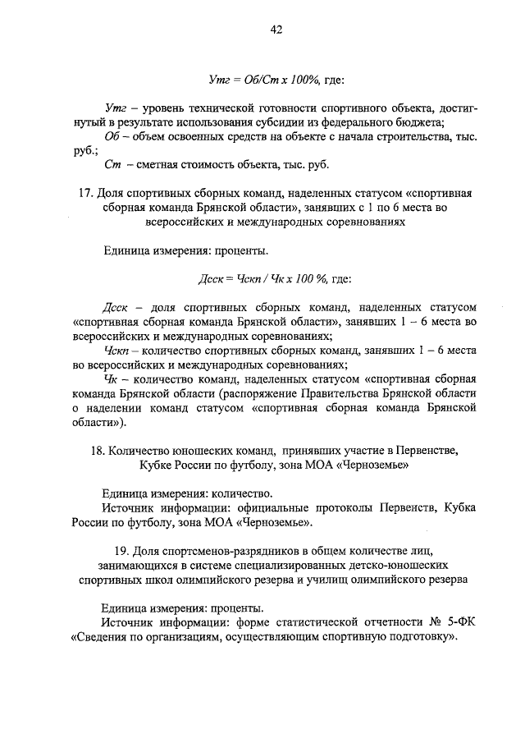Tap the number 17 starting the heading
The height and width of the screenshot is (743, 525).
84,193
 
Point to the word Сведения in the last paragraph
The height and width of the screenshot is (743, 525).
104,637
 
